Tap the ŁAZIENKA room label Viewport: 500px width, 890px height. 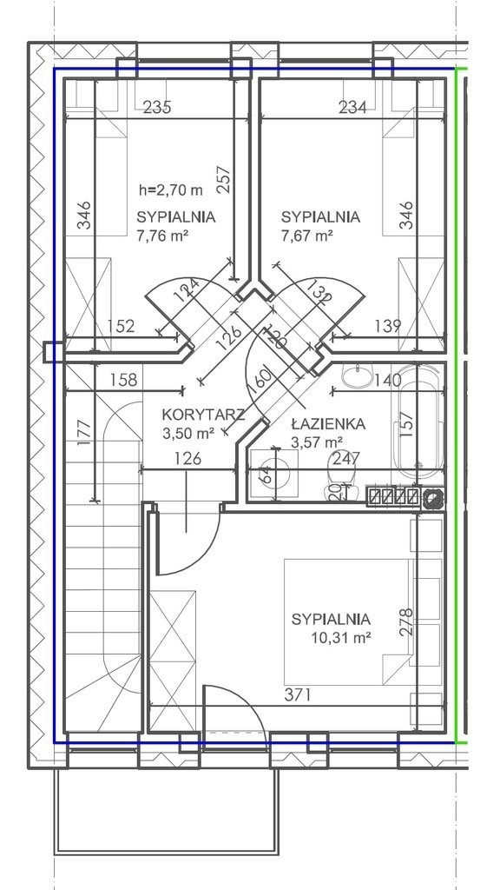tap(329, 424)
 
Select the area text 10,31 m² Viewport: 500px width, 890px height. tap(341, 637)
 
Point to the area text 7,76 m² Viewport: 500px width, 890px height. tap(162, 236)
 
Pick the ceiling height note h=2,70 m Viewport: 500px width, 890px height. tap(171, 190)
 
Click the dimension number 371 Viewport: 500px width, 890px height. tap(297, 694)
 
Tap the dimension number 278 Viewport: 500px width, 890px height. tap(406, 622)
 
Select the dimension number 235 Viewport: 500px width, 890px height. tap(157, 107)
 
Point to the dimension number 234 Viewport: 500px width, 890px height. tap(352, 107)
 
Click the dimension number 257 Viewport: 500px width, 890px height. tap(225, 179)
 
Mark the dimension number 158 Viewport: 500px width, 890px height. tap(124, 379)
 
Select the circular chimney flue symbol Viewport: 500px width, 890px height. tap(434, 498)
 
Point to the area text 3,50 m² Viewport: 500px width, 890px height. tap(188, 435)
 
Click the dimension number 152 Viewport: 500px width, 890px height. tap(122, 326)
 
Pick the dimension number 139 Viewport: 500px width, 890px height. tap(388, 326)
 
